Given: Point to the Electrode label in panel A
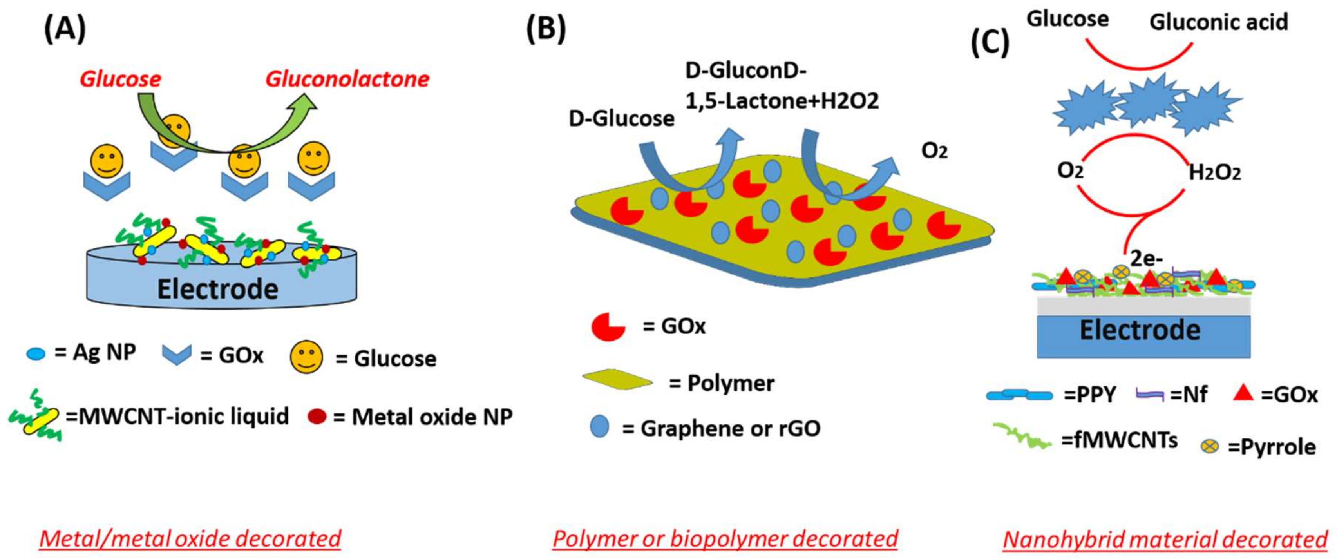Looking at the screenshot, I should [x=217, y=289].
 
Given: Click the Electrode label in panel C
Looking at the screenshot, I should [x=1140, y=330].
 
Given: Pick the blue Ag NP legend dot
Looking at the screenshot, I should [x=36, y=355].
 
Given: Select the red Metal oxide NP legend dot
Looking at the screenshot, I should [x=317, y=416].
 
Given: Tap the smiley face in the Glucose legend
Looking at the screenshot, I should [x=306, y=357].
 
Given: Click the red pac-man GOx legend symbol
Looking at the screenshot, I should [x=608, y=327].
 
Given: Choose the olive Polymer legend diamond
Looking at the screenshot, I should [x=618, y=380].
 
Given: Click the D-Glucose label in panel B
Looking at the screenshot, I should [x=621, y=119].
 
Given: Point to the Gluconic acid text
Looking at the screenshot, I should [x=1219, y=22].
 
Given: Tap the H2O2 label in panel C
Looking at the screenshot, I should [x=1214, y=173].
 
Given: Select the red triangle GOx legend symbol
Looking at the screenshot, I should [x=1243, y=393].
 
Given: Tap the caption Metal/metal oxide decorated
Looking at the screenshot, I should [x=190, y=539].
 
